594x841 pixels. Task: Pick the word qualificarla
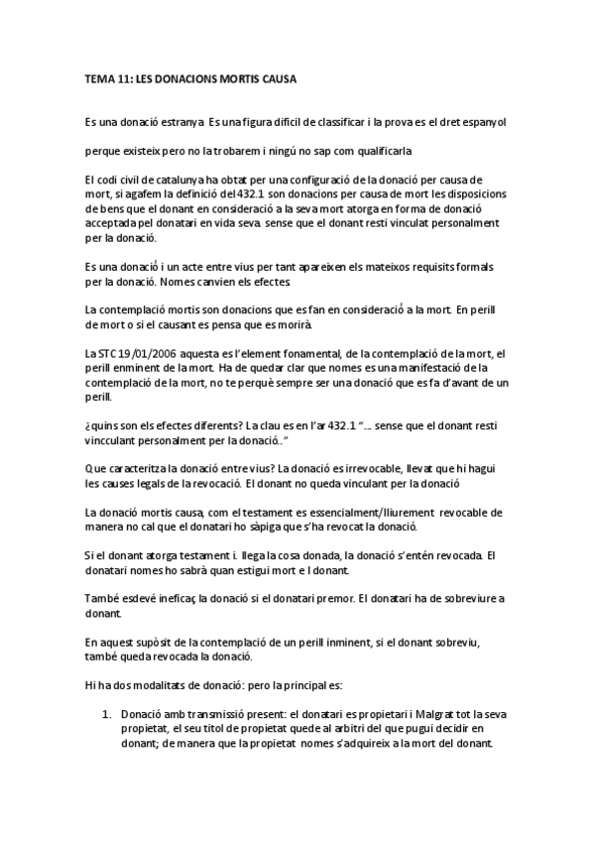pos(377,152)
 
